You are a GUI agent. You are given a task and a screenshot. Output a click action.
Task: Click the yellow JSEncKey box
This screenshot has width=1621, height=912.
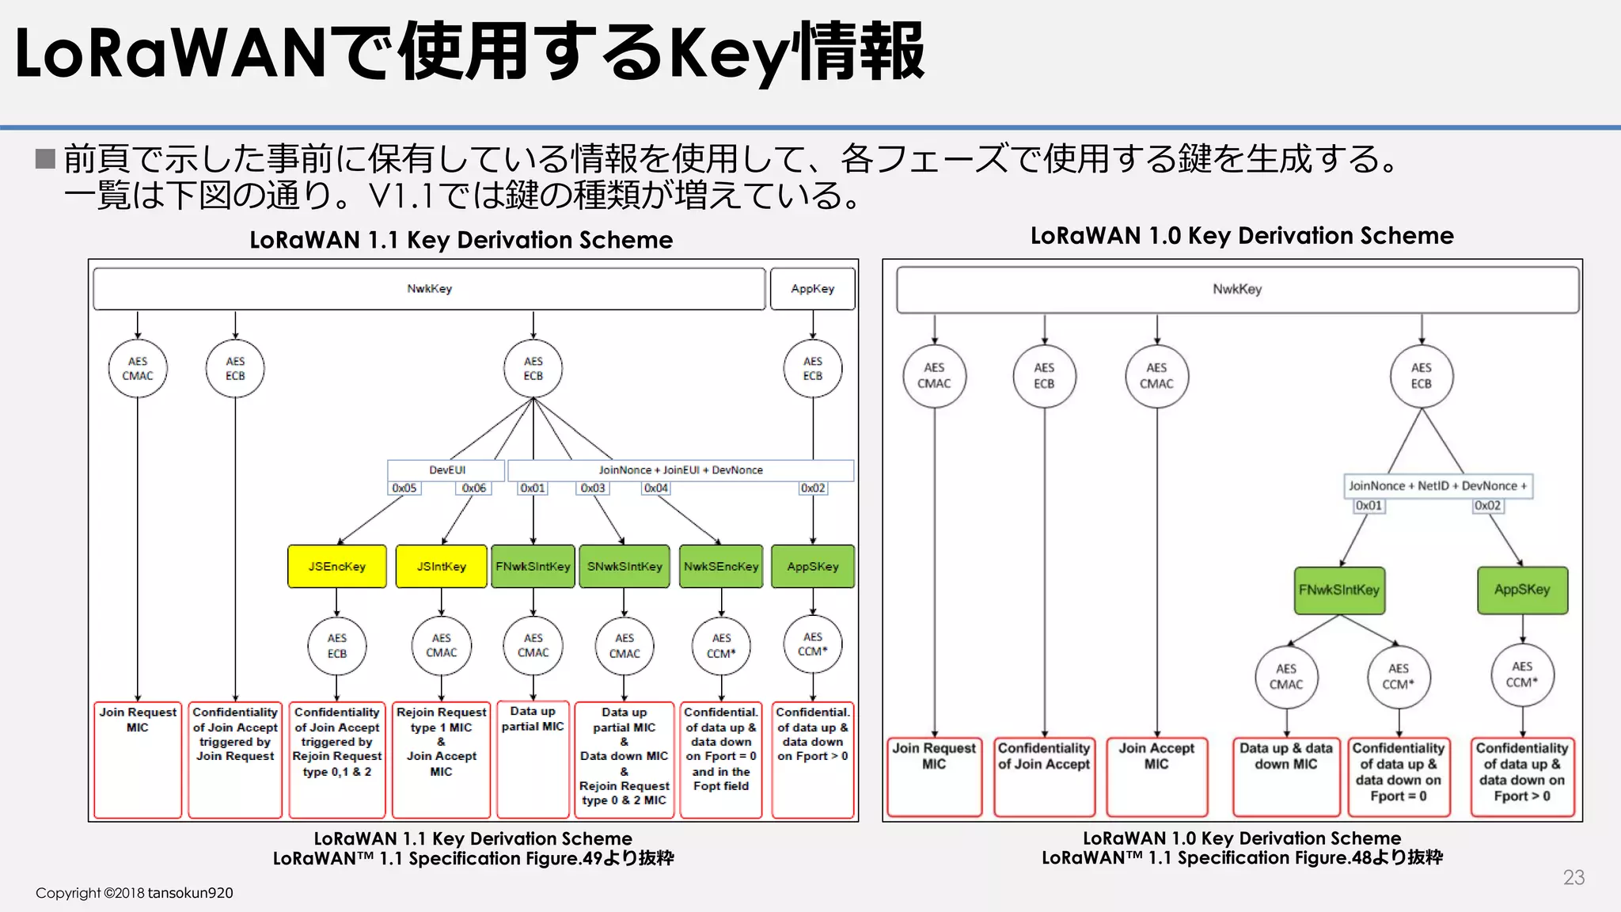pos(336,566)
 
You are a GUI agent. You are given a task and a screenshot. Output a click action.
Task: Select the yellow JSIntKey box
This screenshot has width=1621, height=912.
pos(441,566)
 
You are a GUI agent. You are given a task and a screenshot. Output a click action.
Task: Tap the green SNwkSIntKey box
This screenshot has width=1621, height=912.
pos(624,566)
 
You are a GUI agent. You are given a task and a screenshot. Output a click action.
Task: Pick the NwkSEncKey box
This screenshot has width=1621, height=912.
pos(720,566)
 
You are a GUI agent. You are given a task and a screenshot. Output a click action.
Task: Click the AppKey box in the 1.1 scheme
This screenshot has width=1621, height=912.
pos(813,289)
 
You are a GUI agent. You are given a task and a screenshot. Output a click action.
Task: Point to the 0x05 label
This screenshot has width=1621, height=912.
pos(404,488)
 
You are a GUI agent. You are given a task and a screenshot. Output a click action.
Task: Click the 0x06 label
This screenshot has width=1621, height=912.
pos(473,488)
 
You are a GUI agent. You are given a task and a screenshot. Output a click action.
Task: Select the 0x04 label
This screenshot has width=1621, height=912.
pos(655,488)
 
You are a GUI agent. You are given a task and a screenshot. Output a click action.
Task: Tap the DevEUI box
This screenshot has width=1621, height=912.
pos(446,469)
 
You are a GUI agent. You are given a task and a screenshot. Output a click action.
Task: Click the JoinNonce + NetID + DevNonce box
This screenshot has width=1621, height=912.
pos(1437,485)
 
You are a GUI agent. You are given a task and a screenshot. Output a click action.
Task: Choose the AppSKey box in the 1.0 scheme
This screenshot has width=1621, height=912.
pos(1522,590)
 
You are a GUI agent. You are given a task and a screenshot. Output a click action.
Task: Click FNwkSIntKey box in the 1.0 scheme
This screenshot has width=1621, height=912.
pos(1339,590)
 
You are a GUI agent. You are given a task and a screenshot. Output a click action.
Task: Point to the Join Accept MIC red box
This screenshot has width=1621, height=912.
pos(1156,775)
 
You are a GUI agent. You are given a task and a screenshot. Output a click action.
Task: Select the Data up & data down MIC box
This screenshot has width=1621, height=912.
pos(1285,775)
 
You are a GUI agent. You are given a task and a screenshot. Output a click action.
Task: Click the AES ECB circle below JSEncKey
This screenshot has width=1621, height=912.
pos(337,645)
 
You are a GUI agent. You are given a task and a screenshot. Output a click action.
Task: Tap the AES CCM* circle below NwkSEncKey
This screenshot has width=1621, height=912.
pos(721,645)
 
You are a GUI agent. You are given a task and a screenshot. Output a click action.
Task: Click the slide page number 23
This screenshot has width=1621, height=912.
pos(1574,877)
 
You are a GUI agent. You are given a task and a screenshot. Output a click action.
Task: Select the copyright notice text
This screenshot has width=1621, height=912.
pos(134,893)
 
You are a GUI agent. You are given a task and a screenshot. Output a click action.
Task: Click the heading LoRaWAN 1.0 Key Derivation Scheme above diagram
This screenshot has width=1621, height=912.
pos(1241,236)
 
